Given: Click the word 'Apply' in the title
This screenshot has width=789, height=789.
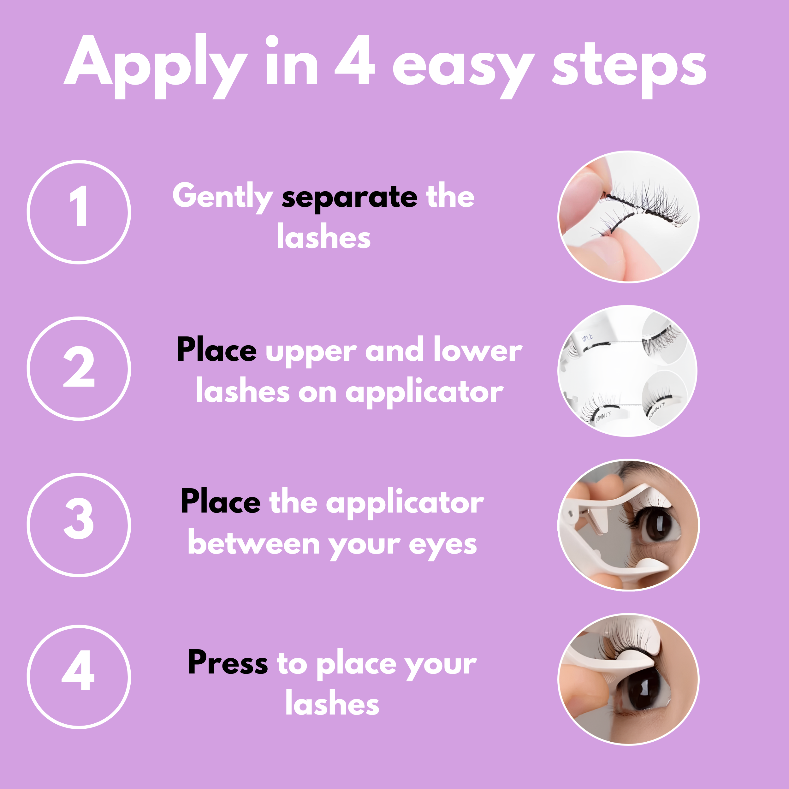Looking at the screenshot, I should coord(155,65).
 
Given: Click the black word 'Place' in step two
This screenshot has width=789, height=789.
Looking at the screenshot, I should coord(217,350).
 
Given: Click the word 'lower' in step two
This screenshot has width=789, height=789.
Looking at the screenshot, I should coord(478,350).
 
